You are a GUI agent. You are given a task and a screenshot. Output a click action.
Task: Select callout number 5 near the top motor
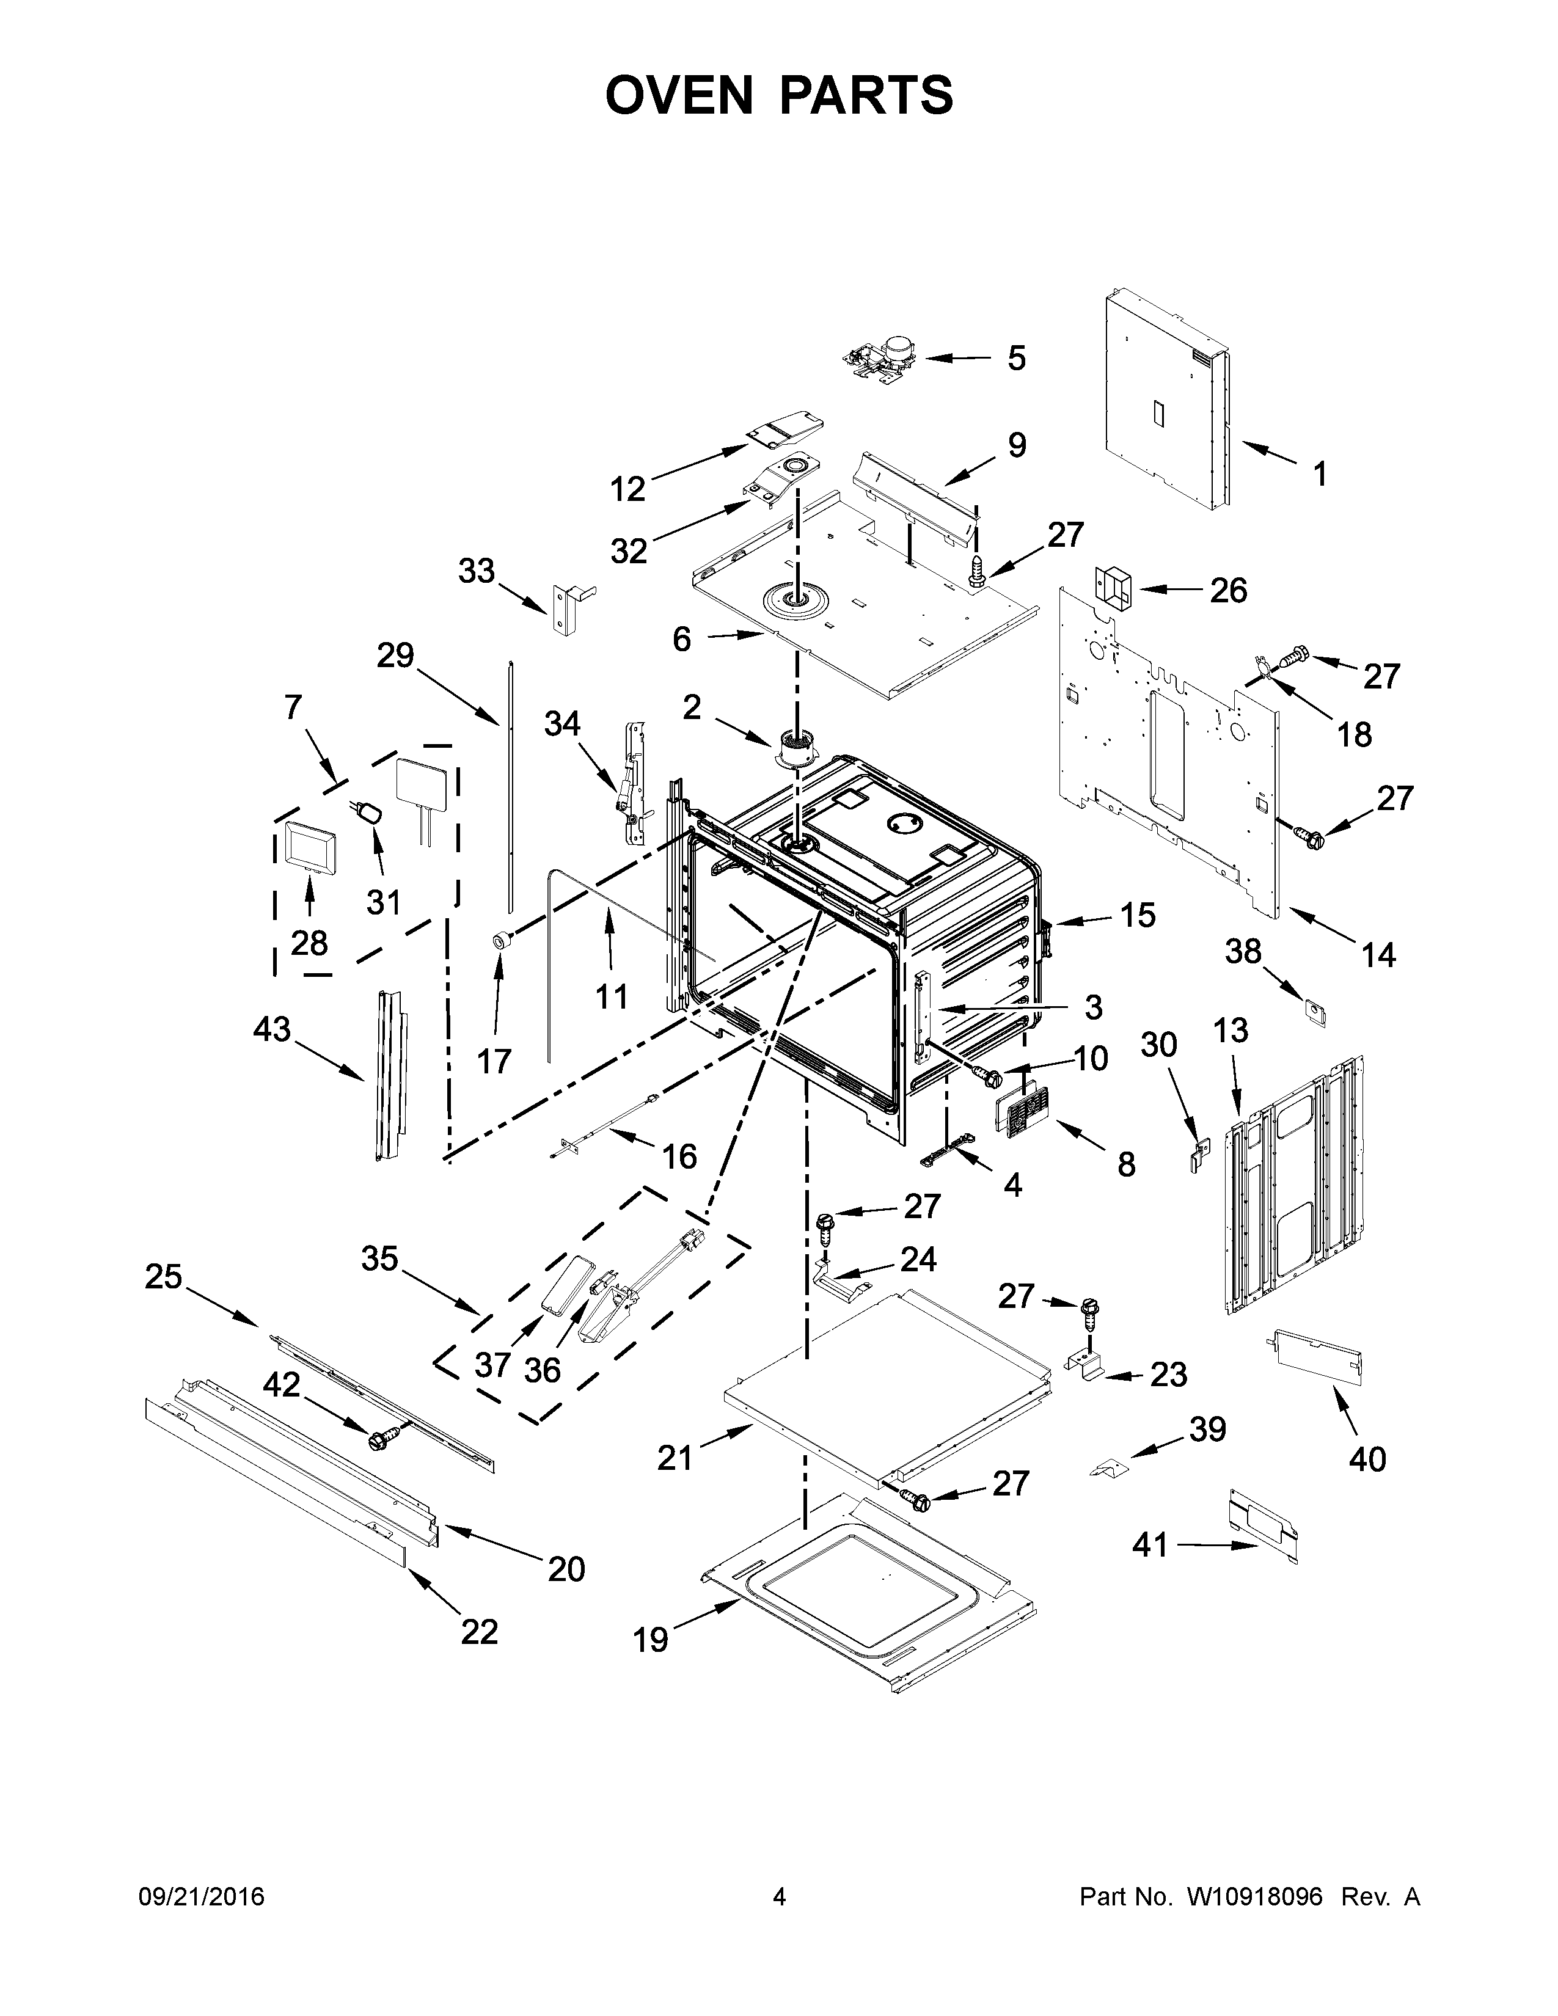point(1016,358)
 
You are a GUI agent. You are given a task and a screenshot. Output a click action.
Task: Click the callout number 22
point(479,1631)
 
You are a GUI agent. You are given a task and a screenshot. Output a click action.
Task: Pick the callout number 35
point(379,1257)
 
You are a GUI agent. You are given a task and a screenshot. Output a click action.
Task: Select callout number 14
point(1378,954)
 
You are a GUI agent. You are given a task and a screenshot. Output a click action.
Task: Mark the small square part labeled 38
point(1314,1011)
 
